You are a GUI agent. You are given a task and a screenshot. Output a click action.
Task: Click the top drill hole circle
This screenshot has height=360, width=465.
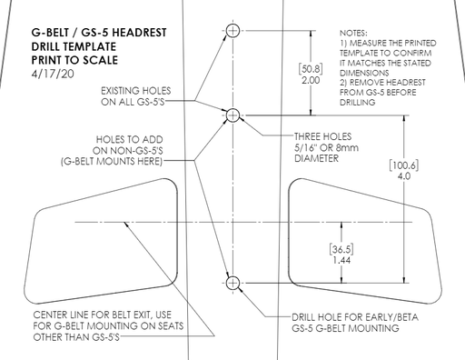232,30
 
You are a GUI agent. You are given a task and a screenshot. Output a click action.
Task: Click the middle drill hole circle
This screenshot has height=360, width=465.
232,115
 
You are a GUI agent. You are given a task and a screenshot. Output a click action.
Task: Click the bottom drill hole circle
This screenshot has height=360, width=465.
232,282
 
